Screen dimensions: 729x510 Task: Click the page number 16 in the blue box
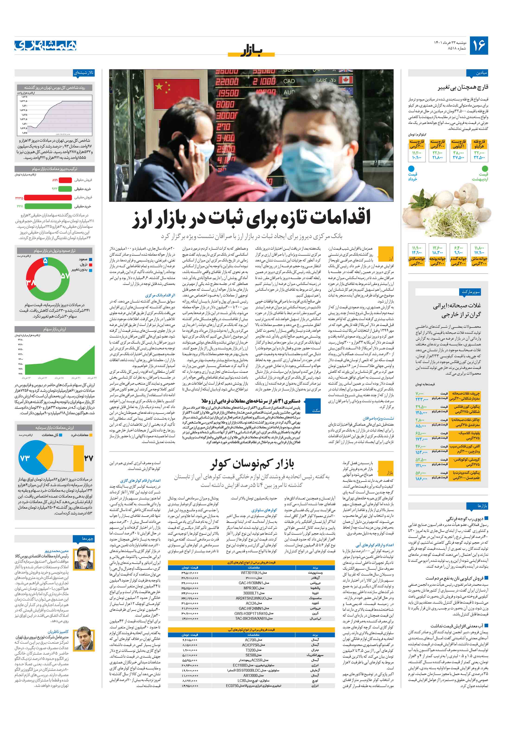click(478, 45)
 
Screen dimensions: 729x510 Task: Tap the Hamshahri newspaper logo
click(46, 45)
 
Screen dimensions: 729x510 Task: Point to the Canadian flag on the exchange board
click(345, 80)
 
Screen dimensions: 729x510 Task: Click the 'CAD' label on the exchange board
click(289, 81)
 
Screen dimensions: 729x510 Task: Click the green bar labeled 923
click(65, 189)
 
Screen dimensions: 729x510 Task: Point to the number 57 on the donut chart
click(65, 276)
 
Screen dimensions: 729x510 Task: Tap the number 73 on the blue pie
click(25, 458)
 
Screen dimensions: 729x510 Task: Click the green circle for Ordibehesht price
click(484, 168)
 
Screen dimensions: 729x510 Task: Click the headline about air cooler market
click(252, 464)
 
